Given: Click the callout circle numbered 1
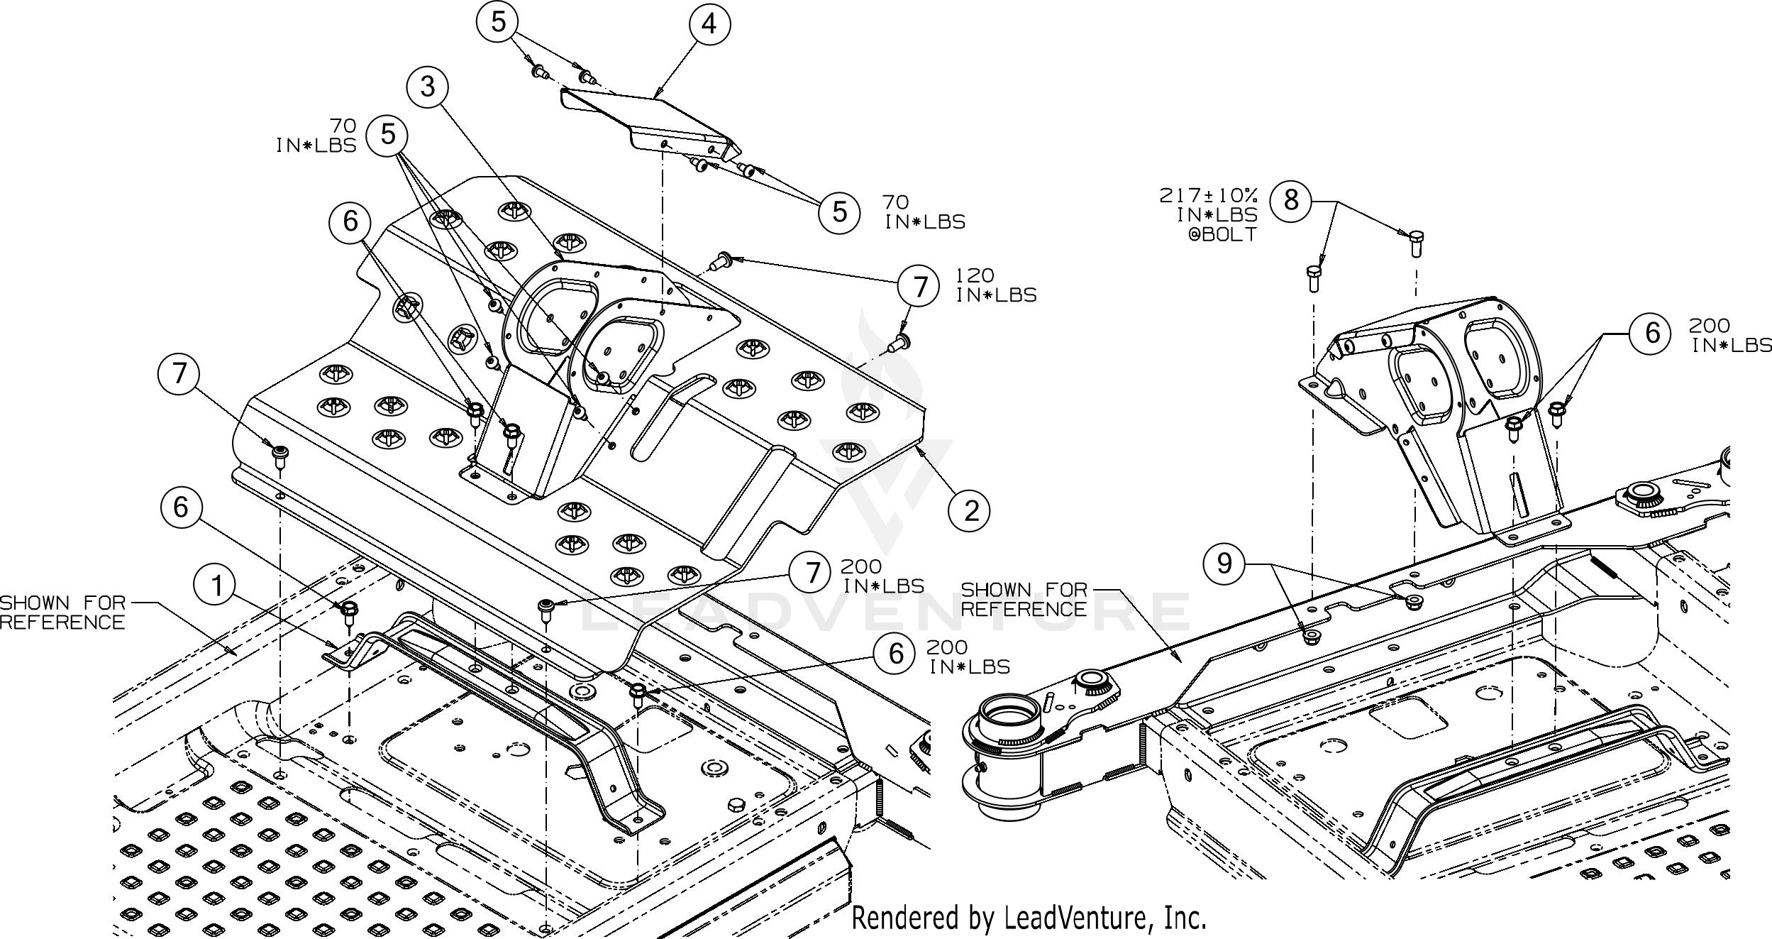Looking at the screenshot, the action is tap(216, 586).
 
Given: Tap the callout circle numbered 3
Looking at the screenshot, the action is tap(428, 87).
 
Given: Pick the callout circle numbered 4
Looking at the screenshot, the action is tap(709, 24).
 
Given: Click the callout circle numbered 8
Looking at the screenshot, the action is tap(1291, 200).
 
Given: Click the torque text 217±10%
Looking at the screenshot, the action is tap(1209, 195).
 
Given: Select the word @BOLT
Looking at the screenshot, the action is tap(1222, 234).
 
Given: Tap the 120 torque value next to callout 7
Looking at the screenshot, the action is tap(975, 275).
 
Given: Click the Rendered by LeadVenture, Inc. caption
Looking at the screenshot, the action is tap(1029, 918).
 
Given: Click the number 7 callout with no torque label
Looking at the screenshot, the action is tap(179, 374).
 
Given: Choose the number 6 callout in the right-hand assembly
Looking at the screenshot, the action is tap(1652, 332).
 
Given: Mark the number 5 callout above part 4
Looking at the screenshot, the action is tap(499, 22).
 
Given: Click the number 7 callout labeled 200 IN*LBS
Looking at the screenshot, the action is tap(813, 573).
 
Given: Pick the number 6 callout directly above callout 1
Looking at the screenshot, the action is tap(181, 507).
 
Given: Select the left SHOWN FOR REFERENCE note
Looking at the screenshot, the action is tap(62, 613).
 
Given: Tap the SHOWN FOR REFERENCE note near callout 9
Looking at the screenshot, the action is tap(1024, 600).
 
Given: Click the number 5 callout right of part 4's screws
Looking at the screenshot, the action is tap(840, 212).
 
